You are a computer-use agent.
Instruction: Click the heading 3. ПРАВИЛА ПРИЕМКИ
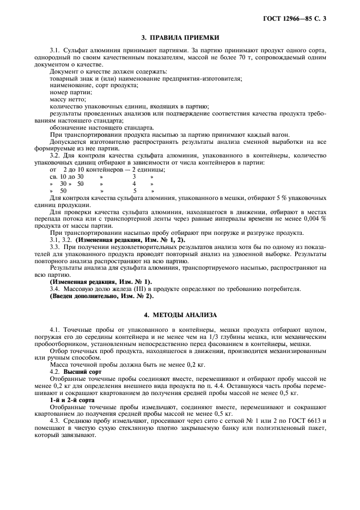[180, 38]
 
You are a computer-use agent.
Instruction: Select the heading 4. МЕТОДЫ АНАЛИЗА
[180, 315]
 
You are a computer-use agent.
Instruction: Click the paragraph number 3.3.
[55, 247]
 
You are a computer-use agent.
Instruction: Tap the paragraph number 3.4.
[55, 288]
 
